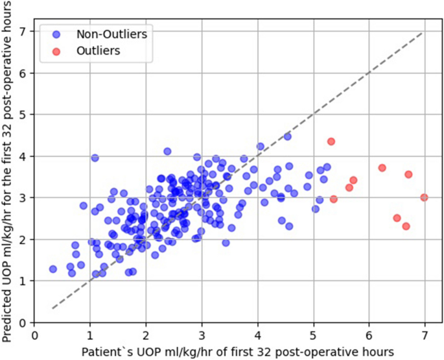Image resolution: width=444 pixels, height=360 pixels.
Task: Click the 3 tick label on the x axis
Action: [x=202, y=336]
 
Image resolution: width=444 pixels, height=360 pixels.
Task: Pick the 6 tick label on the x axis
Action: [x=369, y=336]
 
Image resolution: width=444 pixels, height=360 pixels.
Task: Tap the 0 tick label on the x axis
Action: [x=34, y=336]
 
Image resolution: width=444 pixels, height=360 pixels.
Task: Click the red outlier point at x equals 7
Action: [x=424, y=197]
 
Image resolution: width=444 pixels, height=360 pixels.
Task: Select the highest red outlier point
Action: [x=331, y=141]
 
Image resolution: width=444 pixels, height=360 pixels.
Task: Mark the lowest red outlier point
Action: [x=406, y=226]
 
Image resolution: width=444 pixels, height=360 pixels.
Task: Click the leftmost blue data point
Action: [x=53, y=269]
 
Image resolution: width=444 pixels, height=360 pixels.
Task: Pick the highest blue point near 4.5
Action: [x=288, y=137]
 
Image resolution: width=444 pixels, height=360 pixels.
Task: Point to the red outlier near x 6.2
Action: [x=382, y=167]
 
